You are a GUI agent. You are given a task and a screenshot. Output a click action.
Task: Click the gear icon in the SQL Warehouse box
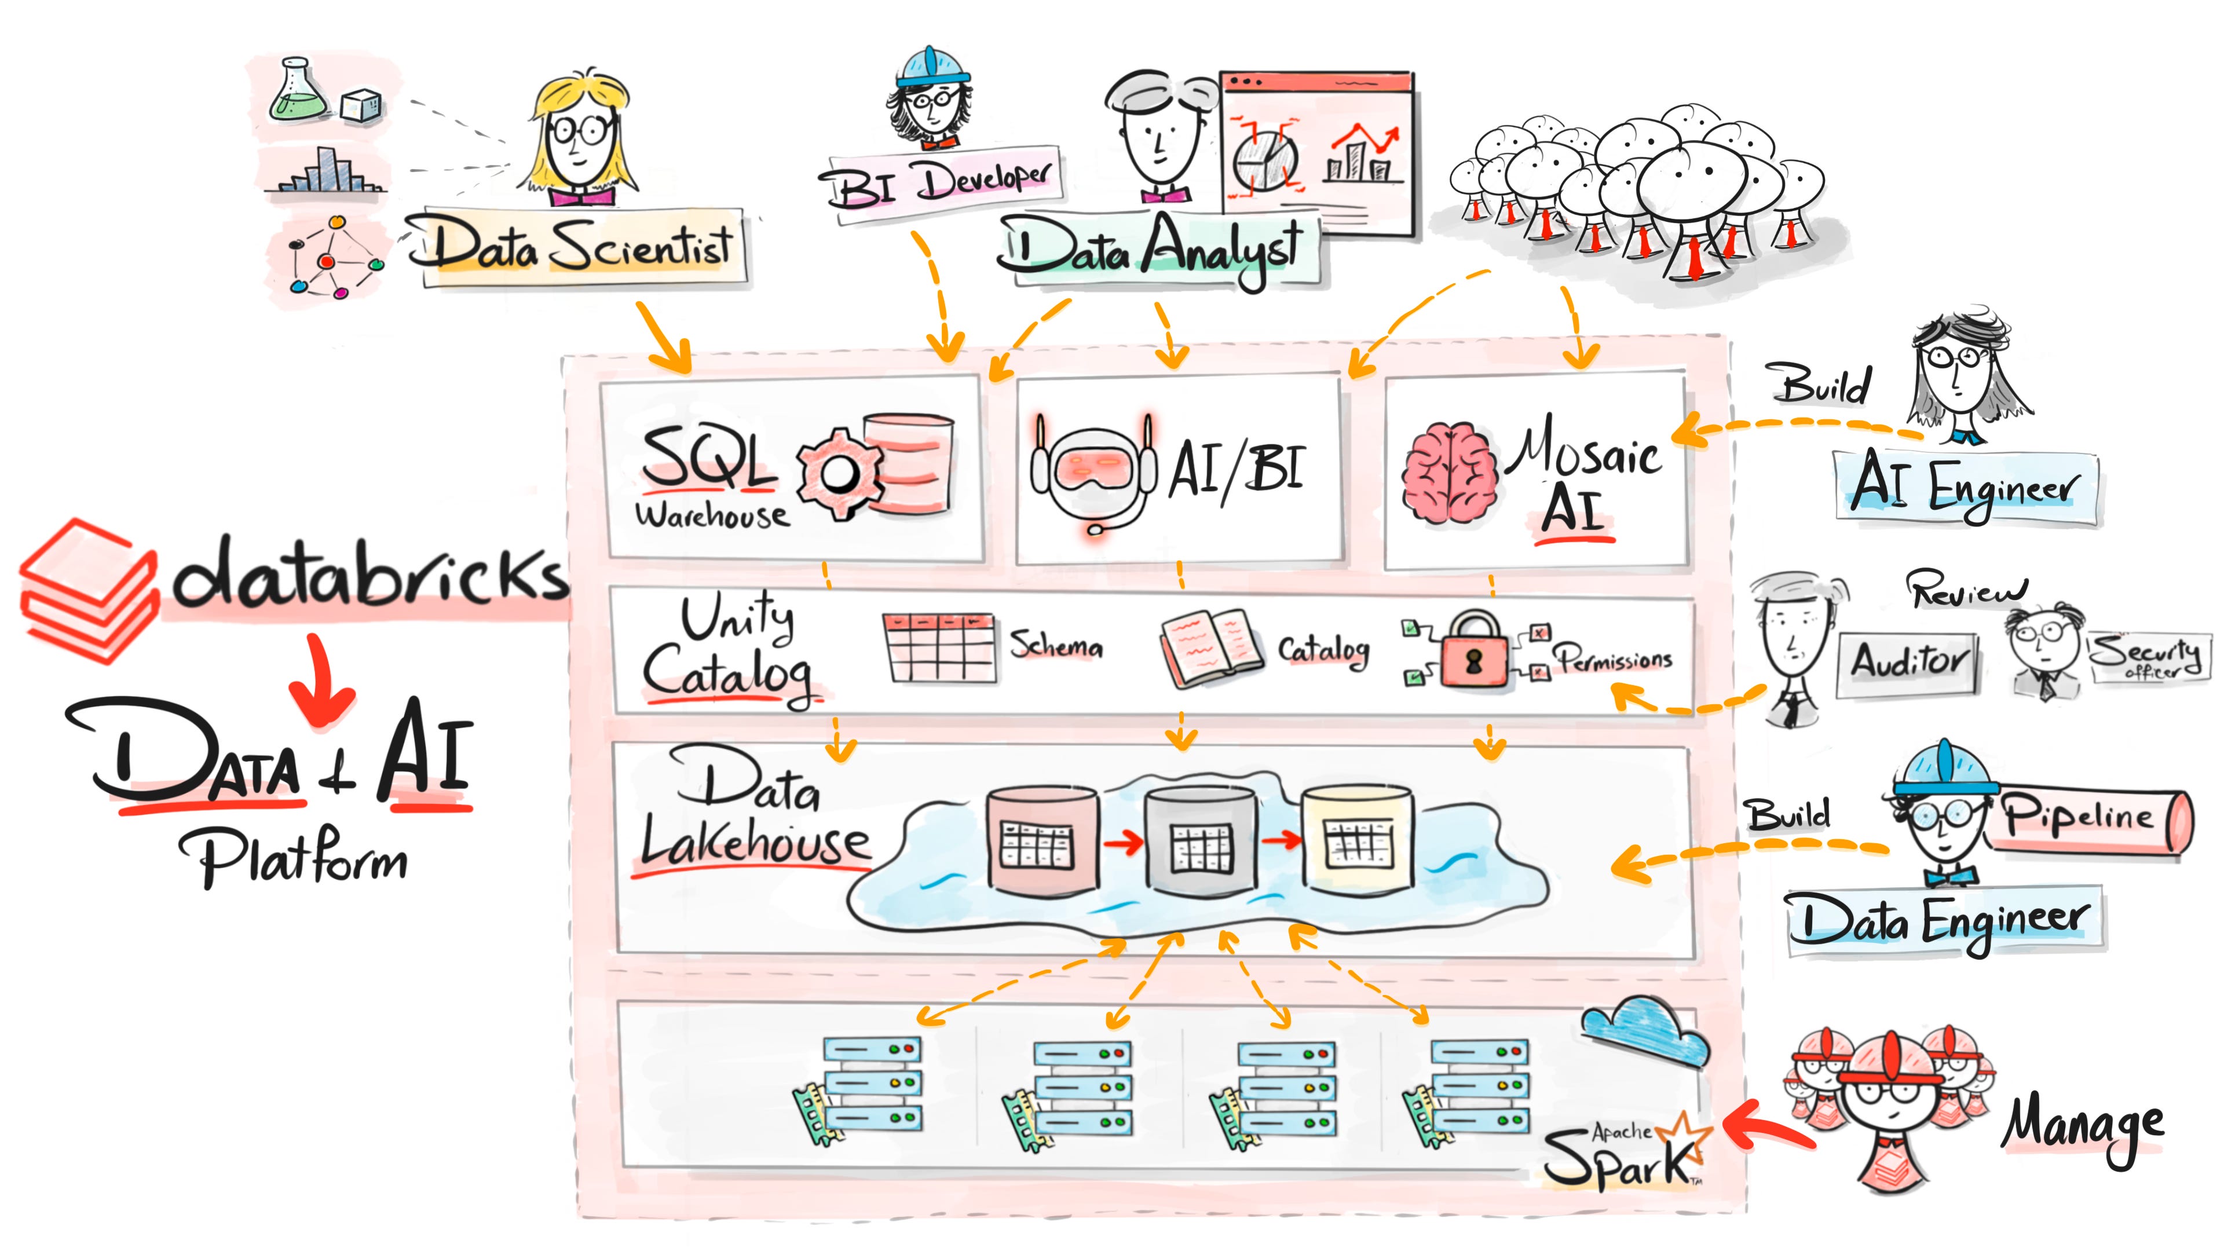[836, 473]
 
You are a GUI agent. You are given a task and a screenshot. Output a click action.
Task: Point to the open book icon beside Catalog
[1209, 649]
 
